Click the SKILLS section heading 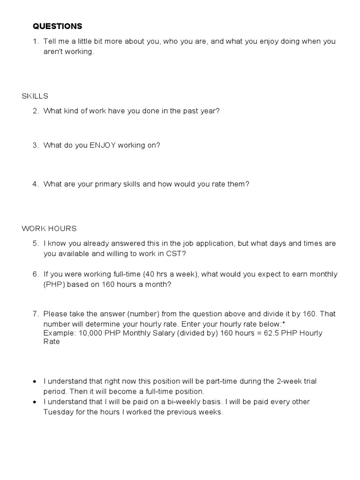click(x=35, y=96)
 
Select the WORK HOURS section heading click(x=49, y=229)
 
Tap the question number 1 click(x=36, y=41)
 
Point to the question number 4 click(x=36, y=184)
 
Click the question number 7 click(x=36, y=314)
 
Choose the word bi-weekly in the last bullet click(x=178, y=402)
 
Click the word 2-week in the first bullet click(x=291, y=381)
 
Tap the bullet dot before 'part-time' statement click(x=35, y=382)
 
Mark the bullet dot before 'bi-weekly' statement click(x=35, y=402)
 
